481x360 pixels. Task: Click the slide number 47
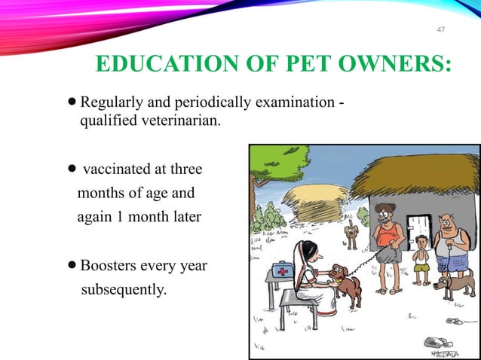pyautogui.click(x=443, y=29)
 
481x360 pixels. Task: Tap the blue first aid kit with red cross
pyautogui.click(x=282, y=269)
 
